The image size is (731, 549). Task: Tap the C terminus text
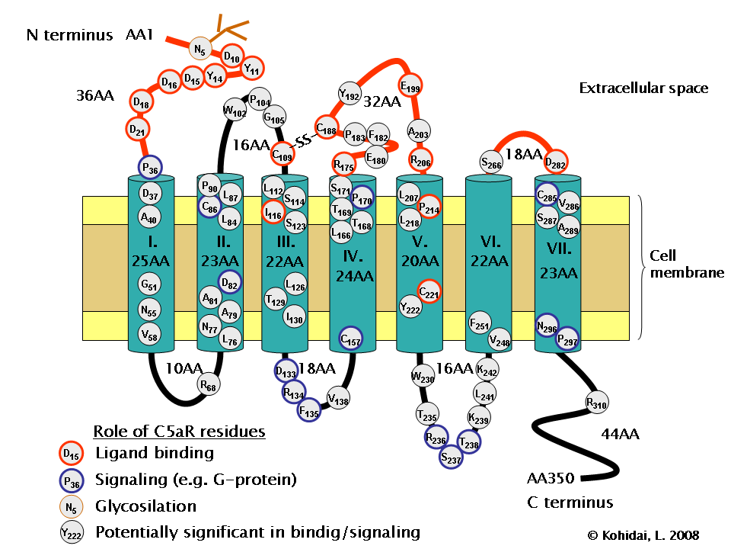(570, 502)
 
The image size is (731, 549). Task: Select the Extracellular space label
(643, 88)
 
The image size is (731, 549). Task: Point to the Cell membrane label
(686, 264)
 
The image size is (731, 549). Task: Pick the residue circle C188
(327, 129)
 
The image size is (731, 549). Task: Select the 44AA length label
(620, 435)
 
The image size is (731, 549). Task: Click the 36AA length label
(95, 96)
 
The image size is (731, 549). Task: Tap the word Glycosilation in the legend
(145, 506)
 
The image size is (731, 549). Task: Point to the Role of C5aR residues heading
(178, 432)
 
